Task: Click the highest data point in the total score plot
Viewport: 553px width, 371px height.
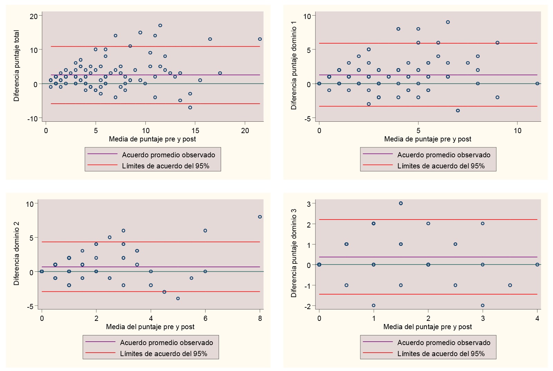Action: click(160, 26)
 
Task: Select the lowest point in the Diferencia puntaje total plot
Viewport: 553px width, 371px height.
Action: click(190, 108)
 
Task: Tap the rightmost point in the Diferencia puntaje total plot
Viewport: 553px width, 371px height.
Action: click(260, 39)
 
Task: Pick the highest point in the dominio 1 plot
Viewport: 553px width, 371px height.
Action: click(448, 22)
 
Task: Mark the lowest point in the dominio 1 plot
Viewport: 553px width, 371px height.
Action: click(458, 111)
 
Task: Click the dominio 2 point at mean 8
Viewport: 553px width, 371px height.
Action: click(260, 217)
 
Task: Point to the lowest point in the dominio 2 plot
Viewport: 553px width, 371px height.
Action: click(178, 298)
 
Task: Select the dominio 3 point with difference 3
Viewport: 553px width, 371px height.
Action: click(401, 203)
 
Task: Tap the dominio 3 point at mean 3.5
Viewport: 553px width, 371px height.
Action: click(510, 285)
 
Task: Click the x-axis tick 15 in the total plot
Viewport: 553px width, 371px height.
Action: click(195, 131)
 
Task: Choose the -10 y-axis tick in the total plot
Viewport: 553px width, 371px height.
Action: click(33, 119)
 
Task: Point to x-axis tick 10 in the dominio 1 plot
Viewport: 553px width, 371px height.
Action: click(517, 131)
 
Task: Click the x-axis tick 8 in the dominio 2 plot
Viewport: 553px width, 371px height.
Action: click(260, 318)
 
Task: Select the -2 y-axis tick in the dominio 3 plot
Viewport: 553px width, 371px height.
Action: click(308, 306)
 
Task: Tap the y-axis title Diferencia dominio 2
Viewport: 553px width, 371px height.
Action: click(17, 254)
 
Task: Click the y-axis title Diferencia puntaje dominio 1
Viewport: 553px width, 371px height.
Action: click(294, 65)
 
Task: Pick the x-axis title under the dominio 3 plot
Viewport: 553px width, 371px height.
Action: click(428, 327)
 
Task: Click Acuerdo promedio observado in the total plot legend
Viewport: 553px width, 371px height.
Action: click(169, 155)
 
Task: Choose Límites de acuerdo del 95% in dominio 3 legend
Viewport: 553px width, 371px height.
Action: click(441, 354)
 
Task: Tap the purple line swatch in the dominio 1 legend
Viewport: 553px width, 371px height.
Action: click(378, 154)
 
